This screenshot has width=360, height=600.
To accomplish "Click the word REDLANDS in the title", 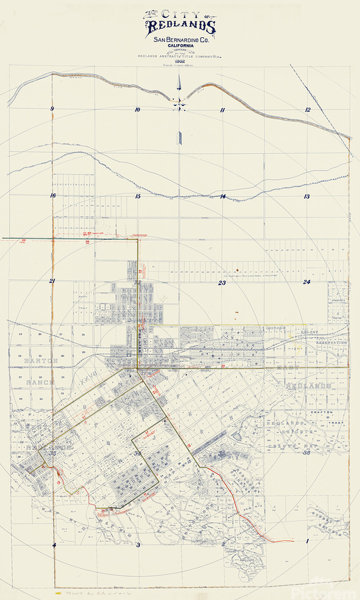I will pyautogui.click(x=180, y=27).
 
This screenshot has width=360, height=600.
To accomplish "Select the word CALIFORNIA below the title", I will pyautogui.click(x=180, y=47).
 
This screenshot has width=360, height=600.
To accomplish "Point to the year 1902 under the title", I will pyautogui.click(x=179, y=67).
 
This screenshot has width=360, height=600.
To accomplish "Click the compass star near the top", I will pyautogui.click(x=179, y=102).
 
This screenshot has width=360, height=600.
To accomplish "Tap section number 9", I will pyautogui.click(x=52, y=109).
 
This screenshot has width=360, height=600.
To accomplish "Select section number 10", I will pyautogui.click(x=137, y=109).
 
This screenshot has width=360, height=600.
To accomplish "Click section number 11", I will pyautogui.click(x=223, y=109).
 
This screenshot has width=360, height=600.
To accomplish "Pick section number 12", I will pyautogui.click(x=308, y=109).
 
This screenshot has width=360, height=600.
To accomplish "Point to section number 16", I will pyautogui.click(x=52, y=195).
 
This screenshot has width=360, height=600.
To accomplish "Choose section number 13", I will pyautogui.click(x=307, y=196).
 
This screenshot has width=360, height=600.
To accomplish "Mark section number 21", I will pyautogui.click(x=52, y=281).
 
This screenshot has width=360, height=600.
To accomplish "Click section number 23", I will pyautogui.click(x=222, y=283).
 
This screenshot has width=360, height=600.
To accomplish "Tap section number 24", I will pyautogui.click(x=307, y=282).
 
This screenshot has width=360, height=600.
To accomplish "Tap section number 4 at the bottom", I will pyautogui.click(x=53, y=545).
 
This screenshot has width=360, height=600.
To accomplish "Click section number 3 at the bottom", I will pyautogui.click(x=137, y=545).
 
